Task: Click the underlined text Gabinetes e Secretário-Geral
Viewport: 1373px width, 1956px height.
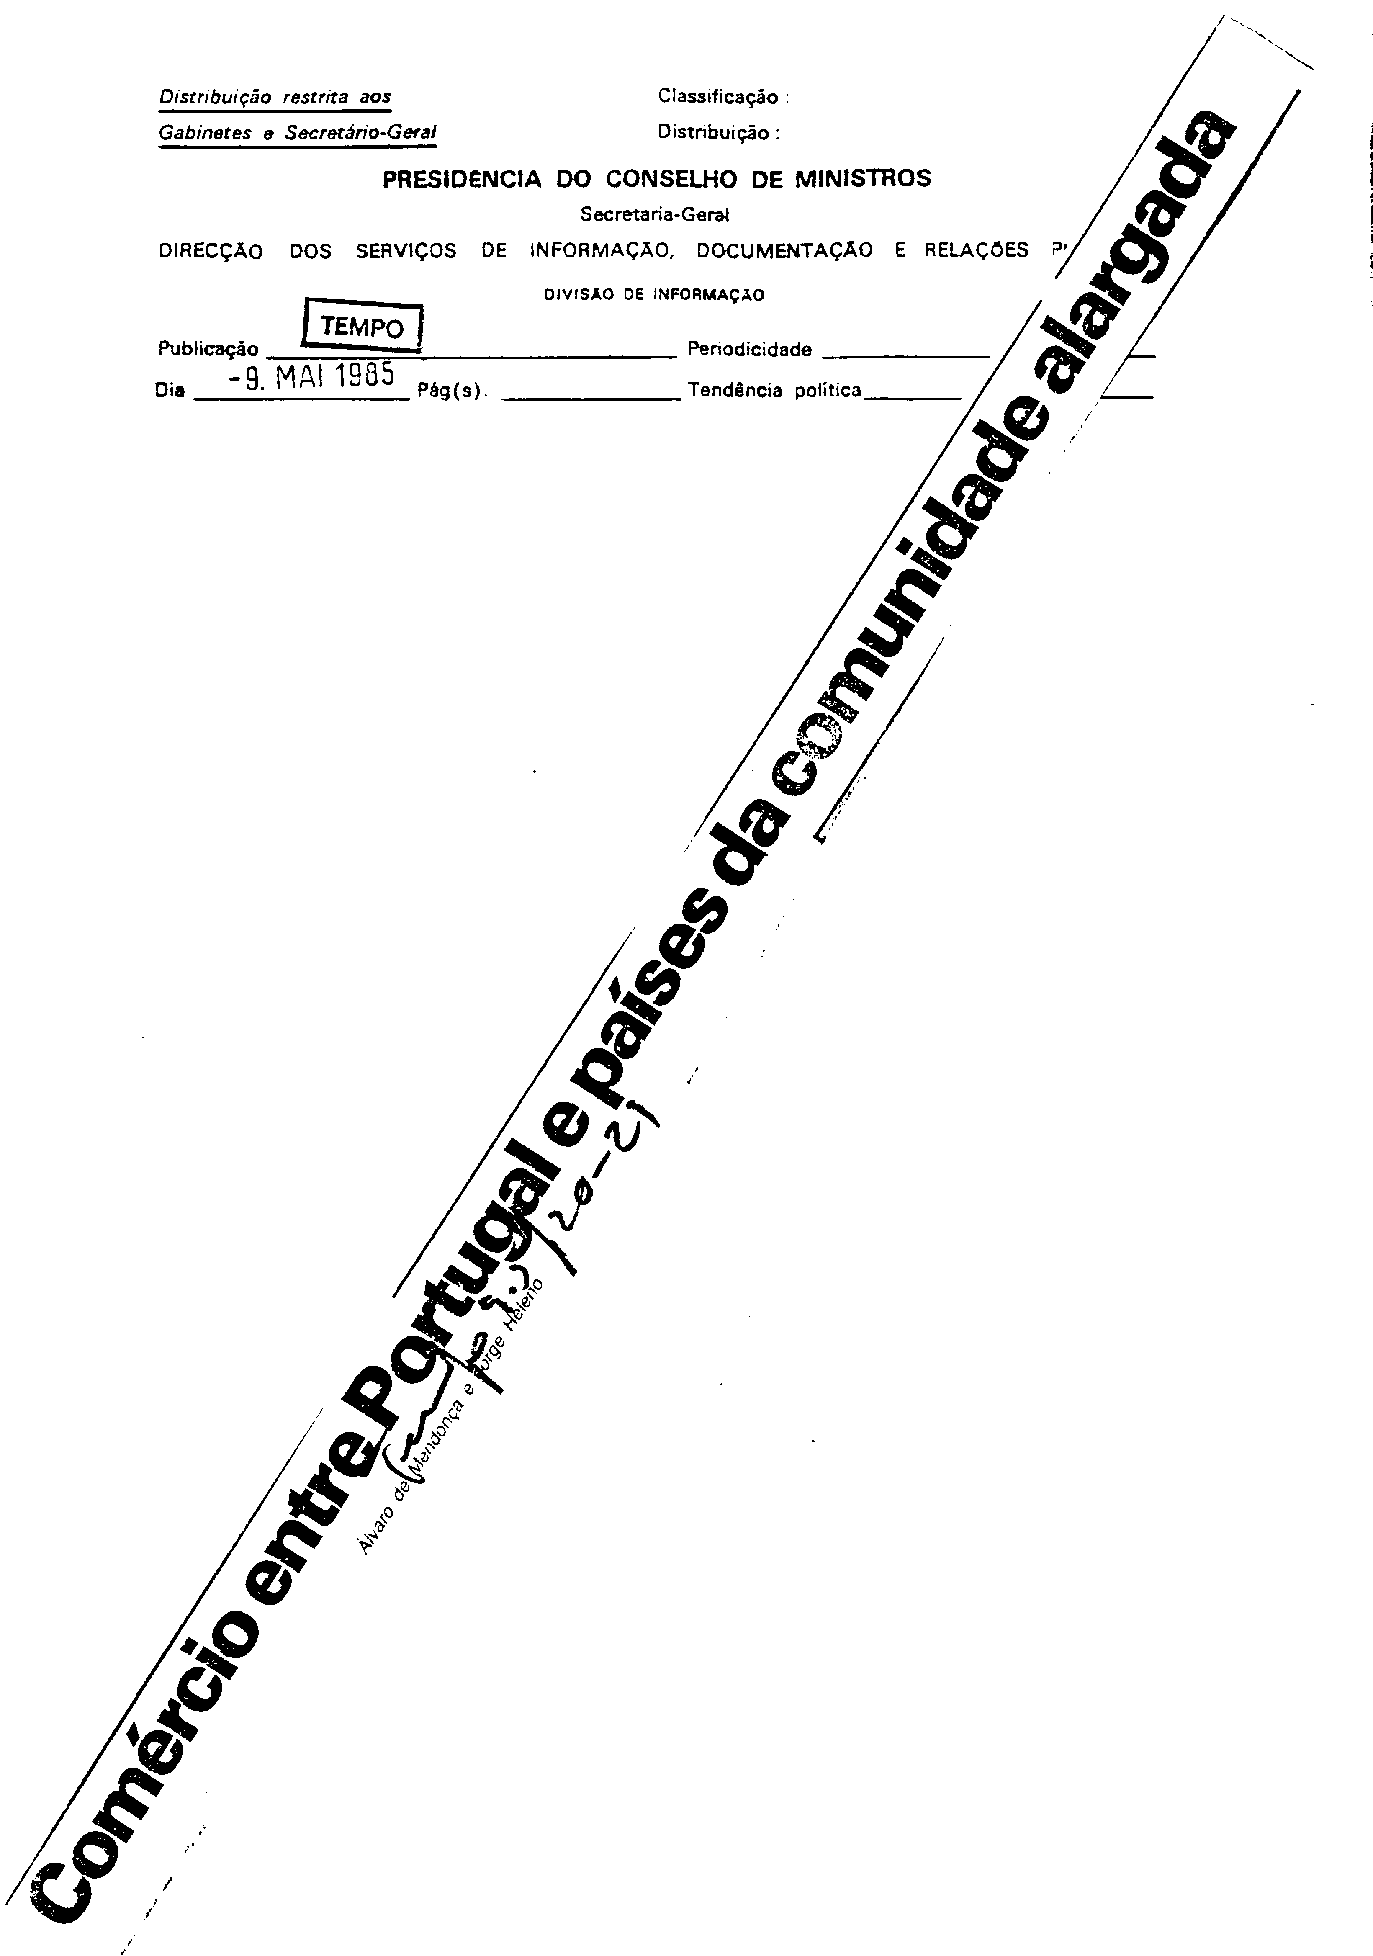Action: tap(297, 133)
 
